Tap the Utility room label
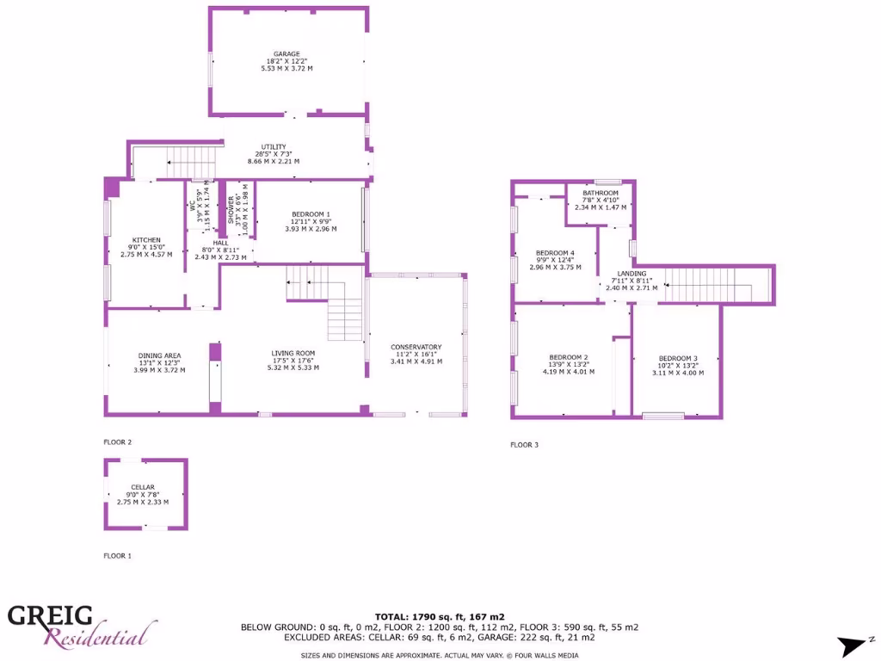coord(273,147)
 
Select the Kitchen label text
coord(146,240)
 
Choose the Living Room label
coord(293,353)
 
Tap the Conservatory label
coord(416,347)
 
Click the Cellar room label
coord(143,487)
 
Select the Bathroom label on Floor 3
coord(600,193)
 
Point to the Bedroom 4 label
coord(555,253)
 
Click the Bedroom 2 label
coord(569,357)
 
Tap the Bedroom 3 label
coord(678,358)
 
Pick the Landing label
coord(631,274)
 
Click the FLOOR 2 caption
coord(118,442)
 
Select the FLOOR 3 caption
coord(524,445)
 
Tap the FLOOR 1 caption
coord(118,556)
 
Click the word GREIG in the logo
coord(50,615)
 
